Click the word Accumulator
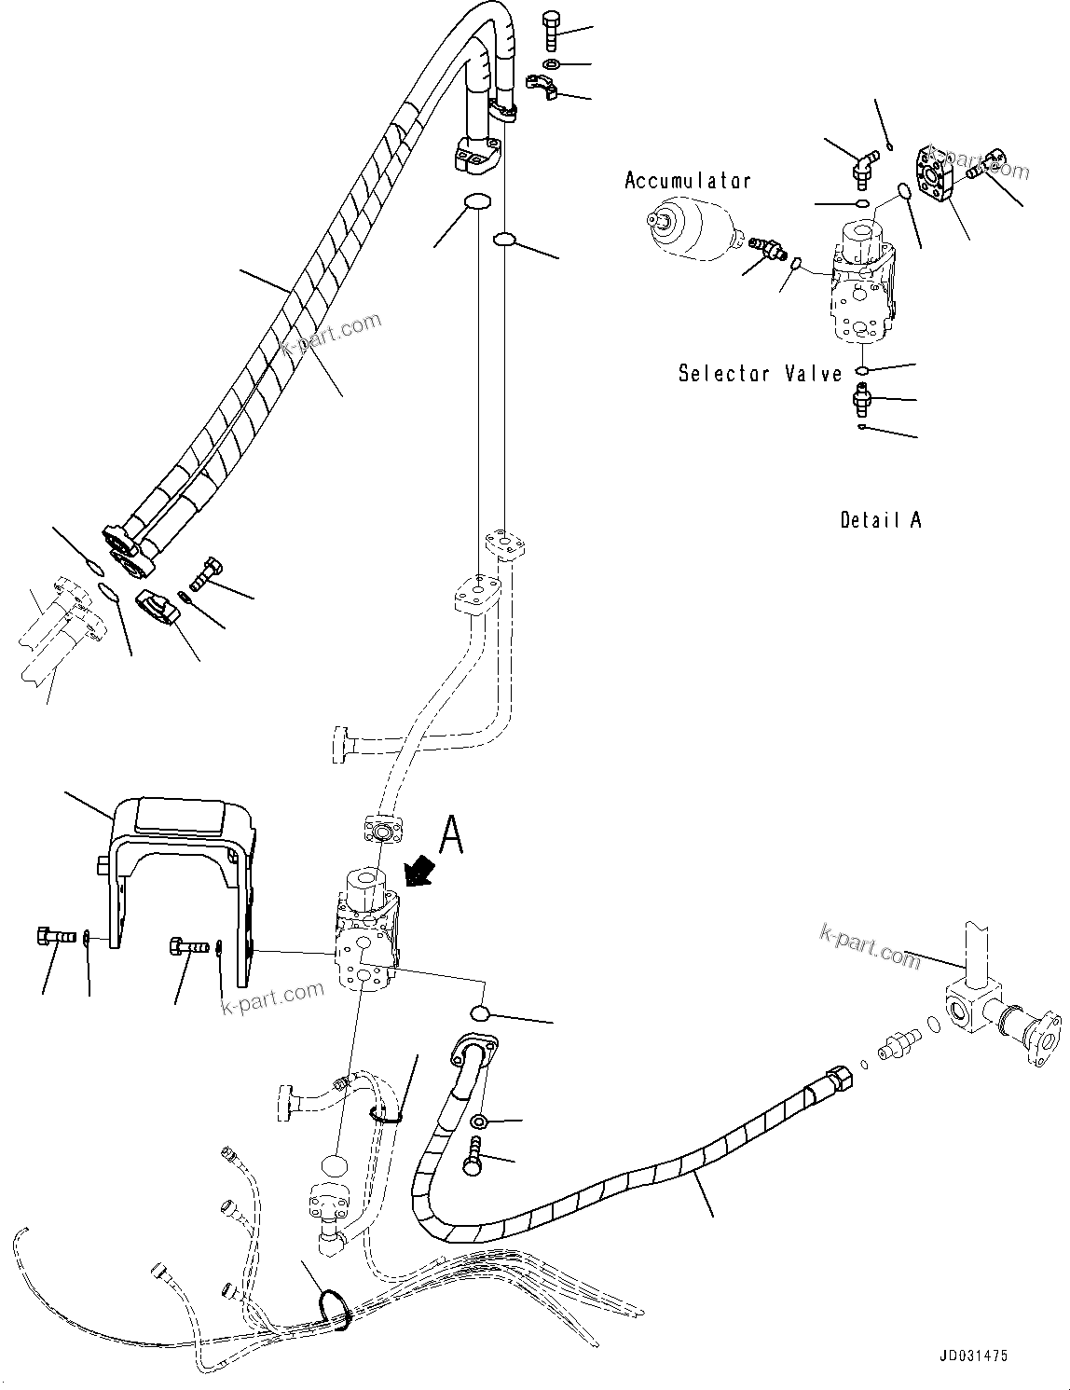[x=687, y=181]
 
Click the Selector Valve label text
[x=760, y=374]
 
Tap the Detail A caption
[x=880, y=520]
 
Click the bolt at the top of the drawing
[x=549, y=29]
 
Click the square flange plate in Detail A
[x=938, y=173]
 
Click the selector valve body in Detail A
[x=863, y=284]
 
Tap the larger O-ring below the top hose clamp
[x=477, y=202]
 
